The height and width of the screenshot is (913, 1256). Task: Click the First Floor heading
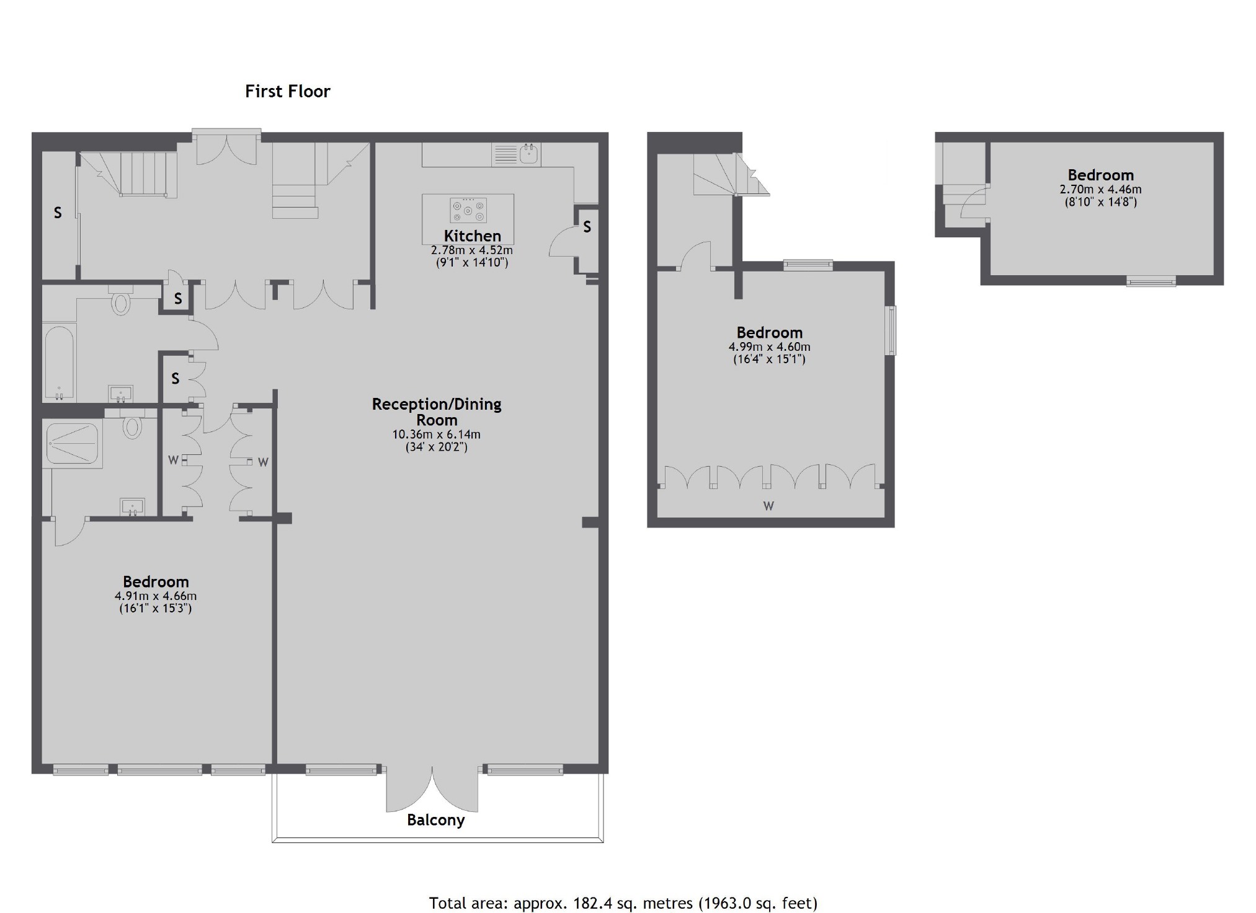click(287, 92)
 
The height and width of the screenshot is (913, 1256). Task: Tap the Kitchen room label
click(472, 236)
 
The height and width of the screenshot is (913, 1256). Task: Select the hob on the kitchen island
click(468, 210)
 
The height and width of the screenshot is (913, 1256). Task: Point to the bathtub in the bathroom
click(59, 362)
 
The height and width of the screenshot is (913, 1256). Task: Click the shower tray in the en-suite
click(73, 443)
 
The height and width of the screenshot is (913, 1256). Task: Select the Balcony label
click(435, 820)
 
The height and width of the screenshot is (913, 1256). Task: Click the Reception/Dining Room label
click(436, 412)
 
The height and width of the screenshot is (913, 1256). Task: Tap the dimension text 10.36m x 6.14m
click(436, 434)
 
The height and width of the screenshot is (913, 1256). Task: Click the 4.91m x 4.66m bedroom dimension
click(156, 596)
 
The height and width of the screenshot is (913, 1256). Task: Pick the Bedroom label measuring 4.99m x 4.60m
click(769, 333)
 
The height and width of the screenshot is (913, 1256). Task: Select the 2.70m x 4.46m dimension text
click(1100, 190)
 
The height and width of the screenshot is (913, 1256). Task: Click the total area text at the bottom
click(623, 903)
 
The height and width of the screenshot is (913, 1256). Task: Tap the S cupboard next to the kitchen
click(587, 227)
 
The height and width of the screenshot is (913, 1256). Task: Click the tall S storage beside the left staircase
click(58, 213)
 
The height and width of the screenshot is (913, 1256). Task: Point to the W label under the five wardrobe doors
click(768, 506)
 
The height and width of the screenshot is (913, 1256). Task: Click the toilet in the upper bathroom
click(120, 302)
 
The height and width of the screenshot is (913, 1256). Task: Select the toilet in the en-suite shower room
click(132, 426)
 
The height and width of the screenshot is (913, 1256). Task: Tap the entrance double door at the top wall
click(226, 149)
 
